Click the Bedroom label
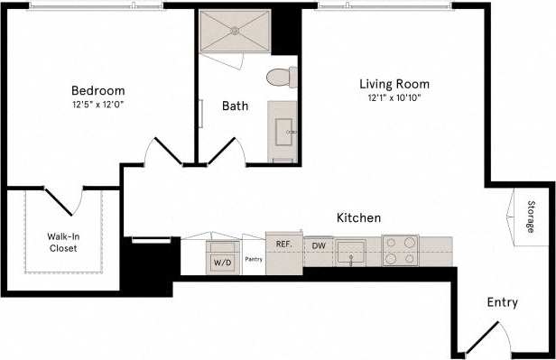(x=97, y=90)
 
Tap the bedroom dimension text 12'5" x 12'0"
(x=97, y=104)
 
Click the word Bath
(x=235, y=106)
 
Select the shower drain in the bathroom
(x=237, y=29)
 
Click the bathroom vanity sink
(x=284, y=132)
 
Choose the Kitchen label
(x=358, y=218)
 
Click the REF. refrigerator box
(x=283, y=245)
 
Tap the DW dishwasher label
(x=319, y=245)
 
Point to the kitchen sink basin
(x=352, y=249)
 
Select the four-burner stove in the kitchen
(x=400, y=250)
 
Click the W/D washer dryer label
(x=221, y=263)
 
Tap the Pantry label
(x=253, y=259)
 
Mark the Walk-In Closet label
(x=62, y=242)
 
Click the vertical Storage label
(x=532, y=217)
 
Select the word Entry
(x=502, y=303)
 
